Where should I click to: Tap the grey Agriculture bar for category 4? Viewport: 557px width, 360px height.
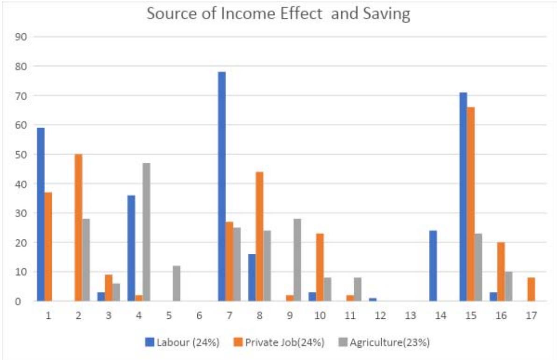146,232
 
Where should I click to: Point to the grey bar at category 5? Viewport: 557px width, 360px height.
176,283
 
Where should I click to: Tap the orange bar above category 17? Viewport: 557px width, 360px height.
531,289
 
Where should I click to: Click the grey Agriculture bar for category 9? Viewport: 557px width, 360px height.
297,260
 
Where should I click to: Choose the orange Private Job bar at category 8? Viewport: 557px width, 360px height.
259,236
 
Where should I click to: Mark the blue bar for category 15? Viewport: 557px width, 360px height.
463,196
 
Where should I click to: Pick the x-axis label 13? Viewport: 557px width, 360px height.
410,316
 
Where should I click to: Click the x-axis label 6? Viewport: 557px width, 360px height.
199,316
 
